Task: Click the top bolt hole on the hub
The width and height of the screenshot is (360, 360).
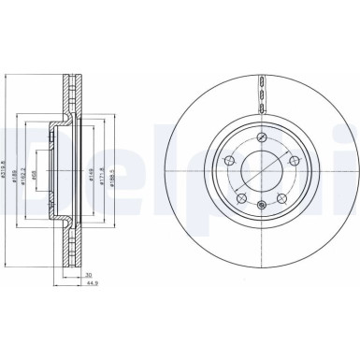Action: pos(266,139)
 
